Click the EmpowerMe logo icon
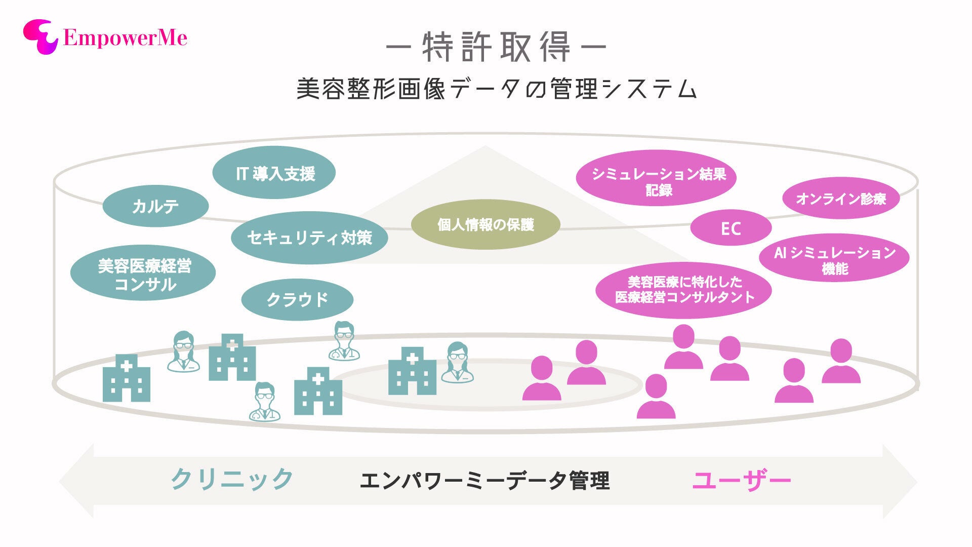click(x=40, y=36)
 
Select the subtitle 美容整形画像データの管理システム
click(x=496, y=89)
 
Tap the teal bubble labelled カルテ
click(x=155, y=206)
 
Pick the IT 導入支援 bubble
click(x=274, y=173)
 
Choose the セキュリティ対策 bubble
click(x=309, y=238)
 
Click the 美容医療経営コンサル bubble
click(x=143, y=274)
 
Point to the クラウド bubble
click(x=297, y=299)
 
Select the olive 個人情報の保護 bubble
click(x=485, y=224)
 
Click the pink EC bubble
click(x=731, y=228)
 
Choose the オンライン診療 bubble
click(x=841, y=198)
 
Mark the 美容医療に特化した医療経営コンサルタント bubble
click(x=683, y=290)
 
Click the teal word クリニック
click(x=232, y=479)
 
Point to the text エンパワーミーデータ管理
click(x=484, y=480)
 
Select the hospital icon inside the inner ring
click(x=412, y=371)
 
